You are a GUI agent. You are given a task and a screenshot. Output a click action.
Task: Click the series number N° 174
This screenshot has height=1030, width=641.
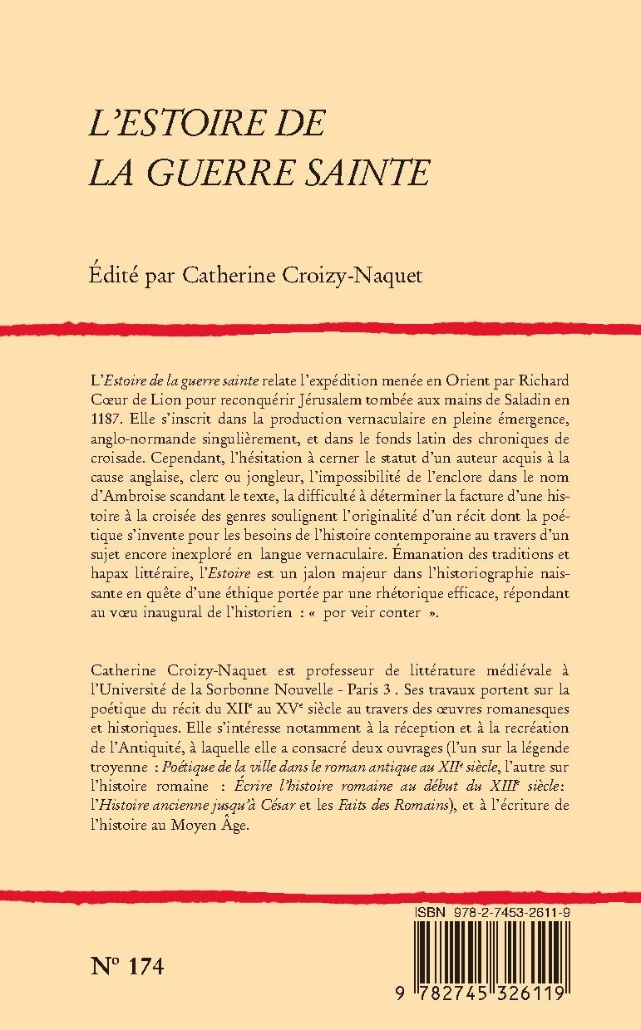[x=125, y=967]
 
